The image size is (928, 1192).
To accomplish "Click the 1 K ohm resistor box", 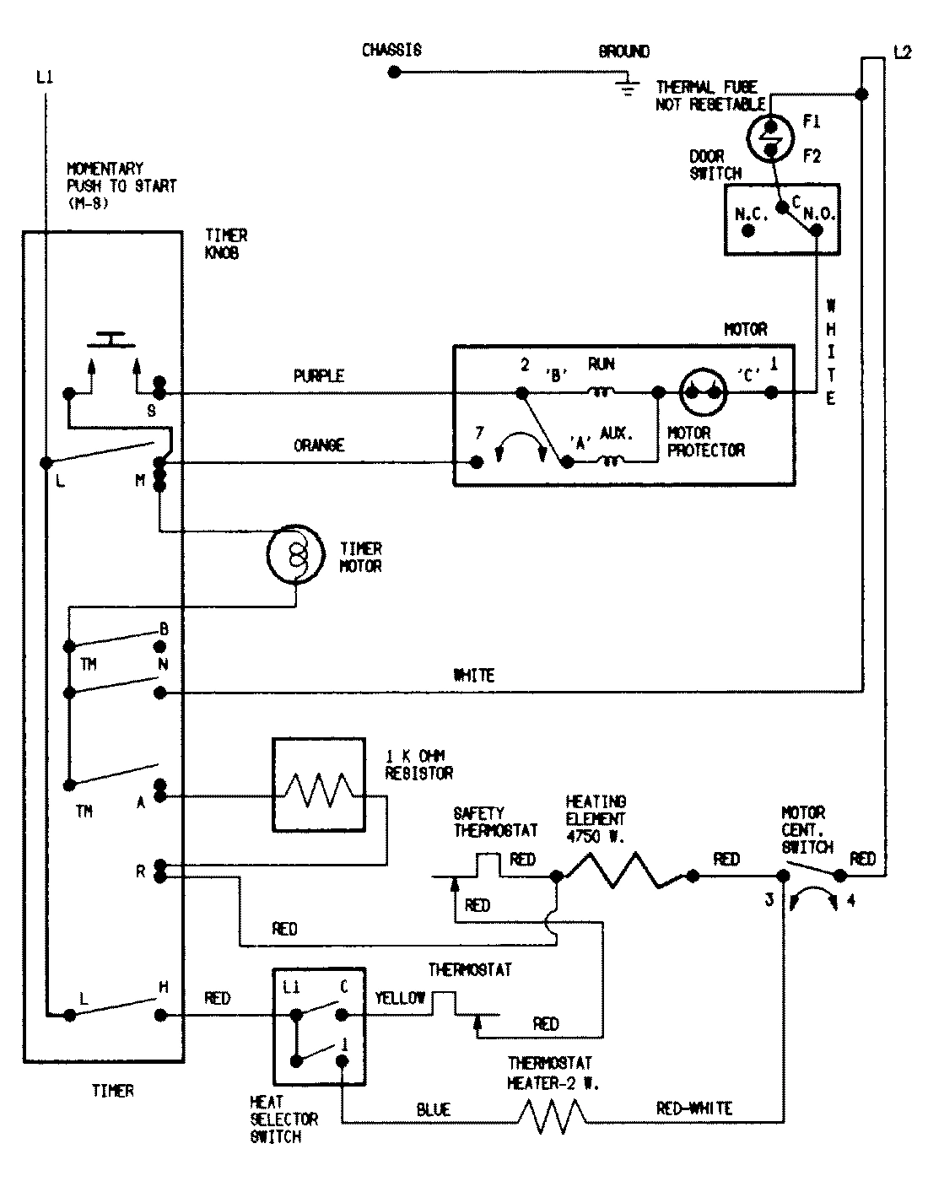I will [318, 785].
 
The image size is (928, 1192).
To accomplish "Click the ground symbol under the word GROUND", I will [625, 84].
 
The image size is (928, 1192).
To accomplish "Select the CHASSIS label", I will [391, 51].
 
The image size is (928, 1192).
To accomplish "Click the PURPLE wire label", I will [319, 376].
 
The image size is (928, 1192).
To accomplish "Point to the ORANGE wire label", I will [319, 445].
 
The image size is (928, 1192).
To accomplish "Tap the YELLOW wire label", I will [400, 999].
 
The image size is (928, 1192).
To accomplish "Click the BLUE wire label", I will [433, 1110].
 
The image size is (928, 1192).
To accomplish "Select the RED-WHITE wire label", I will [694, 1108].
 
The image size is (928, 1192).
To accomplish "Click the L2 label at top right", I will [902, 52].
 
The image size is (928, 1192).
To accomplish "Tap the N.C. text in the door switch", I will [751, 214].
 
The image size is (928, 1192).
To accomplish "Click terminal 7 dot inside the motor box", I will [477, 462].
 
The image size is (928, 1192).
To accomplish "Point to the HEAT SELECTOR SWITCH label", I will [284, 1119].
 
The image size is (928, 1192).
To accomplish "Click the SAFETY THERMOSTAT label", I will [495, 822].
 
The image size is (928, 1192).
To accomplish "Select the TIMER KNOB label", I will [226, 245].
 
